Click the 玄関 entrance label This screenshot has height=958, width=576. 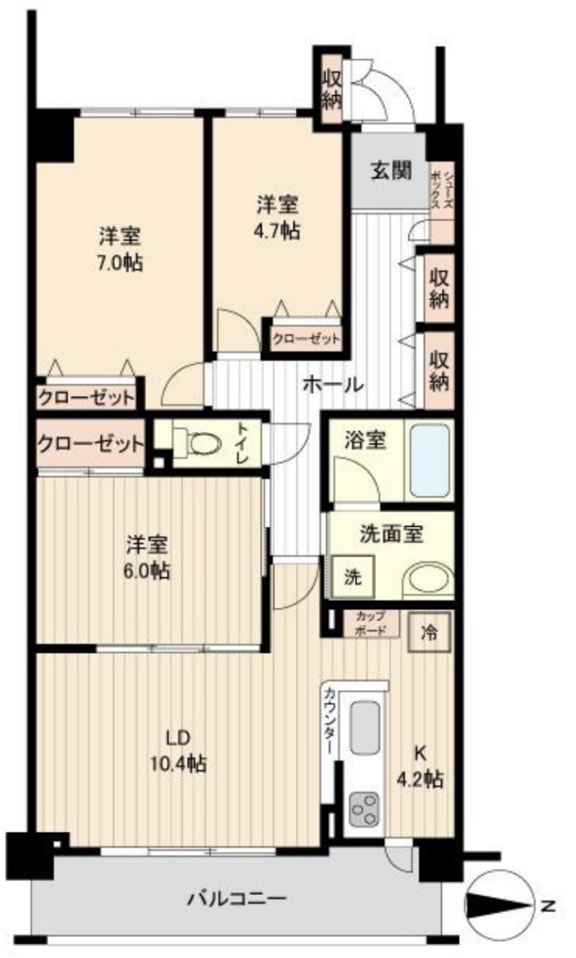[391, 171]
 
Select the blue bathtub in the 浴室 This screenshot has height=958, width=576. [430, 461]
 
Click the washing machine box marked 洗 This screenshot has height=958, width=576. [353, 577]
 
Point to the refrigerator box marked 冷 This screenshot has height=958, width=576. [429, 631]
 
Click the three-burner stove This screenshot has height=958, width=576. [364, 810]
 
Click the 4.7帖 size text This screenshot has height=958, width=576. [277, 232]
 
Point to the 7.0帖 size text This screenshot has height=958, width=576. [120, 263]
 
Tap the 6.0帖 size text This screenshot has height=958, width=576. [146, 571]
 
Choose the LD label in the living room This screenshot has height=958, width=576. [178, 738]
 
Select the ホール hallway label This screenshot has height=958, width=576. [333, 386]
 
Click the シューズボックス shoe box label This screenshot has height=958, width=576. [441, 190]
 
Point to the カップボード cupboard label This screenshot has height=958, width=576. [371, 623]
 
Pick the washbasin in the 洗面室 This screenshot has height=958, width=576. [428, 581]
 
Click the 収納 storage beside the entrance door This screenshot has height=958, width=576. [332, 89]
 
